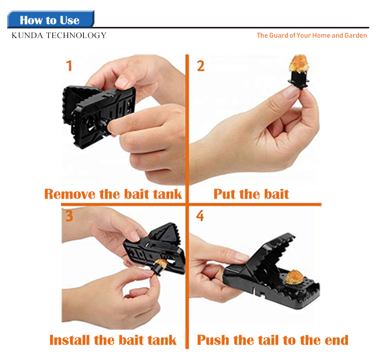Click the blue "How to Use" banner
point(50,19)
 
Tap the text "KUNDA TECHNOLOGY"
point(59,36)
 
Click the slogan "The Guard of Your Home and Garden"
point(312,36)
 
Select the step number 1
point(69,66)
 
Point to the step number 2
point(201,66)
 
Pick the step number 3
point(69,216)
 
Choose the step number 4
point(200,216)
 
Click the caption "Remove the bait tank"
point(113,194)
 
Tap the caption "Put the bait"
point(251,194)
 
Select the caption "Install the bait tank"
point(113,340)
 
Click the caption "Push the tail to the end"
point(273,340)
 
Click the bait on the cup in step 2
point(299,63)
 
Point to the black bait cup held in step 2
point(299,79)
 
